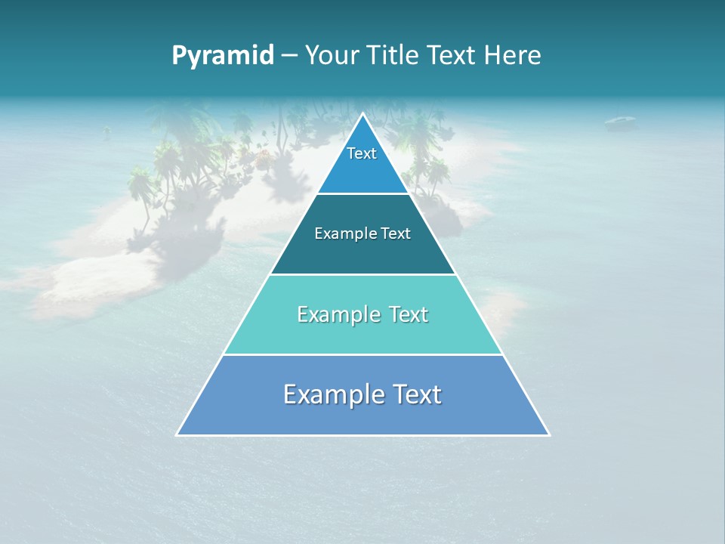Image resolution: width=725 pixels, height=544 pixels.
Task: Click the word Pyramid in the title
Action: [x=222, y=56]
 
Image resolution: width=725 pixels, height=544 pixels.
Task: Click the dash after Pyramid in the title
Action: [x=289, y=56]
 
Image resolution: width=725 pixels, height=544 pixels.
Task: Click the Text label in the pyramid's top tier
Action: [x=362, y=153]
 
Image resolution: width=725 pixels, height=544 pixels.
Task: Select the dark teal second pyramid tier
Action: [x=362, y=253]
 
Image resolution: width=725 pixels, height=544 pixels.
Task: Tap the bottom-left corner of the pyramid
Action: [x=177, y=434]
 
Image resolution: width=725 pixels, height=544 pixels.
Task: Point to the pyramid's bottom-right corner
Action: [x=548, y=434]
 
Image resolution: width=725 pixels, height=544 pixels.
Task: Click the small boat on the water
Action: [x=620, y=121]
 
